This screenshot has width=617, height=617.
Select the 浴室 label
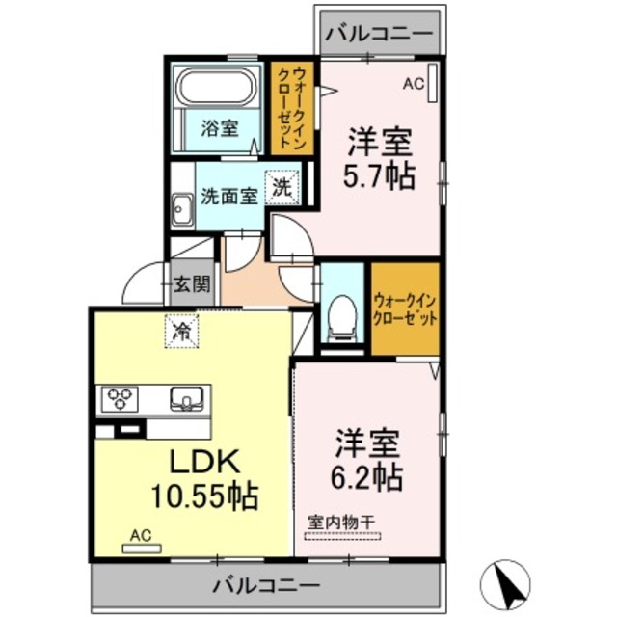click(220, 128)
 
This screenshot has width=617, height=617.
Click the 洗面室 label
click(229, 196)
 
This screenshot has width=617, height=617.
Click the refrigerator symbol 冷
click(180, 332)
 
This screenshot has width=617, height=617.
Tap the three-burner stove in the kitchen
click(120, 398)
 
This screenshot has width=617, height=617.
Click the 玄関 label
click(192, 284)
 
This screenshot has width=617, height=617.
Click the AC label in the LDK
click(141, 534)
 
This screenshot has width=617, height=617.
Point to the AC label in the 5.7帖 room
click(413, 85)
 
